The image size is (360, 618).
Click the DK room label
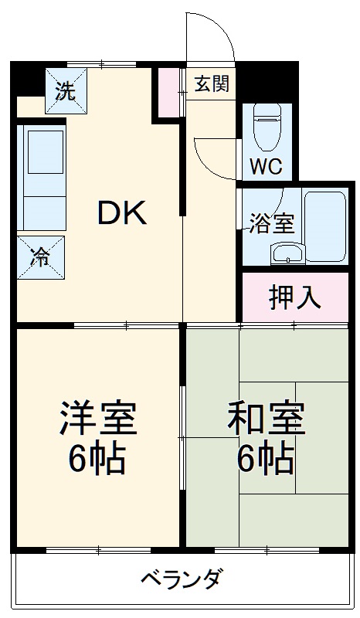coord(121,213)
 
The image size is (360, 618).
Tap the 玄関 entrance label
coord(211,83)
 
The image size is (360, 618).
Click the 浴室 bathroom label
coord(270,224)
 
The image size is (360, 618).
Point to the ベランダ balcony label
coord(182,579)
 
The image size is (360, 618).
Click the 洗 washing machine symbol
coord(66,90)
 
